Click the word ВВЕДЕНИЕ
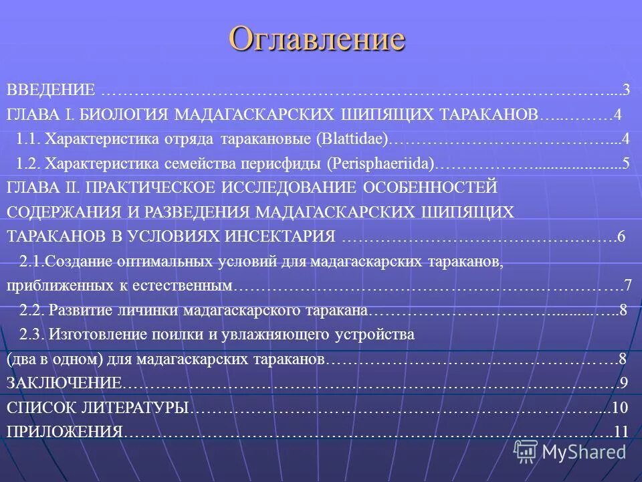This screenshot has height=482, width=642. coord(51,90)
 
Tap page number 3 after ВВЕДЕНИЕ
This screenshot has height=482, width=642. coord(627,90)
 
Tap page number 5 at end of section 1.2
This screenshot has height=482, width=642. coord(625,163)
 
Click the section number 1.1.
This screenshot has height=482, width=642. coord(30,139)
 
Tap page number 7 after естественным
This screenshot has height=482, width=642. coord(627,286)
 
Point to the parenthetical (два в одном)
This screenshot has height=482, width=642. coord(54,359)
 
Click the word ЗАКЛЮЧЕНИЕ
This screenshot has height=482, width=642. coord(64,383)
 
